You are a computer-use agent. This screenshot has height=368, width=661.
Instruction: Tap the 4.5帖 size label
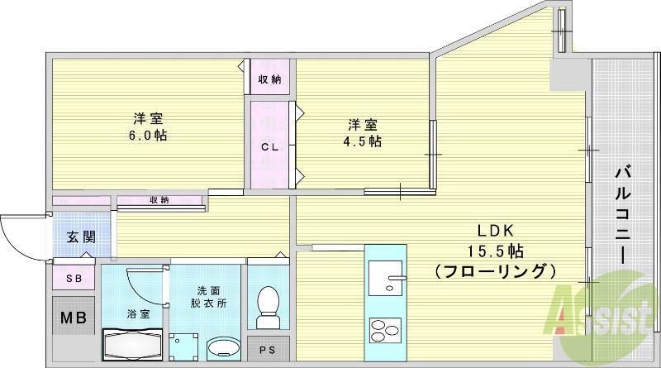[x=364, y=141]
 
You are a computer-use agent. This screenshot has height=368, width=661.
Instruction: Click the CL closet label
[x=269, y=147]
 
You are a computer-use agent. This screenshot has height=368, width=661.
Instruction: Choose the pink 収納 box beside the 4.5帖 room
[x=270, y=79]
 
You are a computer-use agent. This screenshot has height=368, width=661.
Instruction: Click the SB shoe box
[x=74, y=280]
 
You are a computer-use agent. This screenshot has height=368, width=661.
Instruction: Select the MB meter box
[x=74, y=318]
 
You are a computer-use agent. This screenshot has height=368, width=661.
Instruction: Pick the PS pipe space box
[x=269, y=350]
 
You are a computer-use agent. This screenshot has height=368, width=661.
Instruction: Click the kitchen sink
[x=383, y=275]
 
